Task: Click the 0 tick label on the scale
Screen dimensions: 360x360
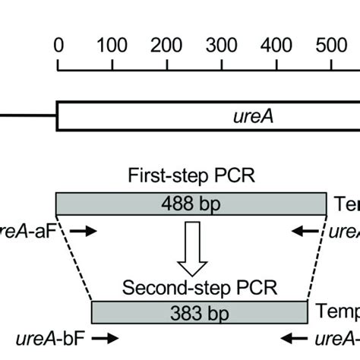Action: click(x=58, y=45)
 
